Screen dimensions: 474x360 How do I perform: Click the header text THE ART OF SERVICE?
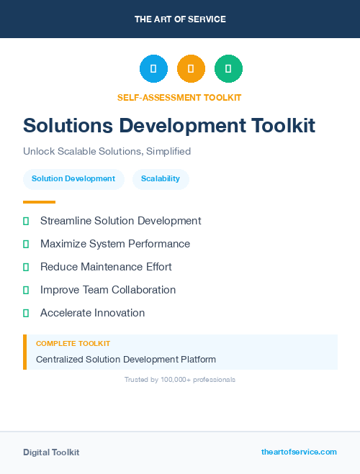click(x=180, y=19)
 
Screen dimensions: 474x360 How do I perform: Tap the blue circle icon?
click(x=153, y=68)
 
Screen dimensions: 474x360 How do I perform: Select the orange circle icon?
click(x=191, y=68)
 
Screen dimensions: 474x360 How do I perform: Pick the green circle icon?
click(x=228, y=68)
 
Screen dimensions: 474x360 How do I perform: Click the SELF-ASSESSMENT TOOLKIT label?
click(x=180, y=97)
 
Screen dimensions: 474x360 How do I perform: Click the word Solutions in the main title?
click(x=68, y=125)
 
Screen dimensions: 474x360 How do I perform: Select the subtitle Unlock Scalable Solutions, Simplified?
click(x=107, y=152)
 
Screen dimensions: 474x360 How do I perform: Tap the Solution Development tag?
click(x=73, y=178)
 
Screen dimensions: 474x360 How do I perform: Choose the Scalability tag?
click(x=161, y=178)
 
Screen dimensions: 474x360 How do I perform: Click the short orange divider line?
click(x=39, y=202)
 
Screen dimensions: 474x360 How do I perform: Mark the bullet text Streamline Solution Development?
click(x=120, y=221)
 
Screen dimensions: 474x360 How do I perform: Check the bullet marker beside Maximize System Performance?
click(x=26, y=245)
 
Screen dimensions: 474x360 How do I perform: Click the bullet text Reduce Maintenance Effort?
click(x=106, y=267)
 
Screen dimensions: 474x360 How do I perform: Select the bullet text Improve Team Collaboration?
click(x=108, y=290)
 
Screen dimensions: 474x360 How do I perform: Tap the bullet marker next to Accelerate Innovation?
click(x=26, y=314)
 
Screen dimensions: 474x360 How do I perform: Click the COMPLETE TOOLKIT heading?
click(x=73, y=344)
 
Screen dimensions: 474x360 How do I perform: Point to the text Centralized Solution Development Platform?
click(x=126, y=359)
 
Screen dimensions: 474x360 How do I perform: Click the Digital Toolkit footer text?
click(x=51, y=452)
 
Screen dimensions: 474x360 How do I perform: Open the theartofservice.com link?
click(x=299, y=452)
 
